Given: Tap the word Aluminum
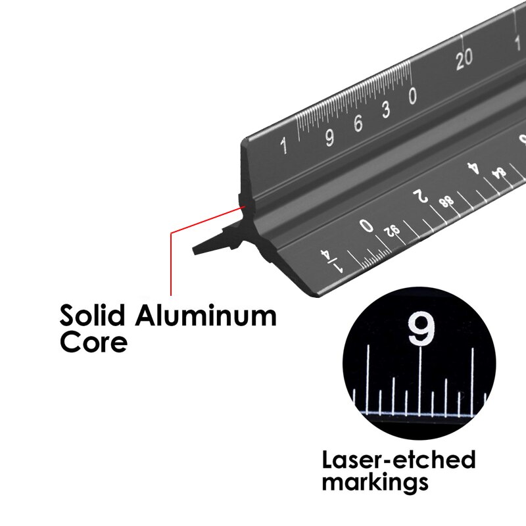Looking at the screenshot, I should pos(206,316).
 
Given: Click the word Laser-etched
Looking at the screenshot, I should pos(398,458).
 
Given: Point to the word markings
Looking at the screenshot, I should pos(375,483).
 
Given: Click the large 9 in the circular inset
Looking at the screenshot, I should pos(420,329).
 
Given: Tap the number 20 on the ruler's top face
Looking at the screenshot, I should pos(464,58).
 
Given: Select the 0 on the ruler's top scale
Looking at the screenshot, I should pos(412,97).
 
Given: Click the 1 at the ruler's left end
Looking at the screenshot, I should pos(284,145).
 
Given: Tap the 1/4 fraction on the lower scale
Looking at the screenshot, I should pos(332,260).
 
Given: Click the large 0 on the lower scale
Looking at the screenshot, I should pos(367,226).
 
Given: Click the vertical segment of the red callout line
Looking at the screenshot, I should pos(171,263).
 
